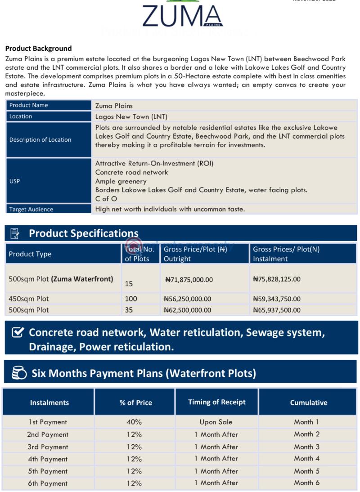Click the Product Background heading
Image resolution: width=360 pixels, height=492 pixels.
tap(38, 49)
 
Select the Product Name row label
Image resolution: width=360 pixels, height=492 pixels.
tap(28, 105)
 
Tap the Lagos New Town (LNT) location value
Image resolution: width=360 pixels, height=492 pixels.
tap(131, 116)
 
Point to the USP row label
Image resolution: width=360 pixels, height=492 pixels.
tap(14, 181)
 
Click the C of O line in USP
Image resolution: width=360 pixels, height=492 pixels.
tap(106, 199)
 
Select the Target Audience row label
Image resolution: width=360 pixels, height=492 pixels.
tap(31, 209)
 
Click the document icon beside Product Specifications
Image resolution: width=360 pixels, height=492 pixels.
tap(15, 233)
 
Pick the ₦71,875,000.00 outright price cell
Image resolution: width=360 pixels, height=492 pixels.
tap(189, 279)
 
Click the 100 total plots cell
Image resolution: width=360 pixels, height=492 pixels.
tap(131, 299)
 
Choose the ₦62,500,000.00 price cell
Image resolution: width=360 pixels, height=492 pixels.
tap(187, 310)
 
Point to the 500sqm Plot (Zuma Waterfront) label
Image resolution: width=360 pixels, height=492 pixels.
tap(61, 279)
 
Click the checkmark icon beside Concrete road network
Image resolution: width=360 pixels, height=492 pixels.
tap(17, 333)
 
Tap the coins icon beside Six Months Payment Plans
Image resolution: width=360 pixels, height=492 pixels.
tap(18, 373)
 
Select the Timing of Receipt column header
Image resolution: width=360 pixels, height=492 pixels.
tap(216, 402)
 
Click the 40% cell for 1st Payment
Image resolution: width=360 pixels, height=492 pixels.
tap(134, 422)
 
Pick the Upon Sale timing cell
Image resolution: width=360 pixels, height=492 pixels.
tap(216, 422)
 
